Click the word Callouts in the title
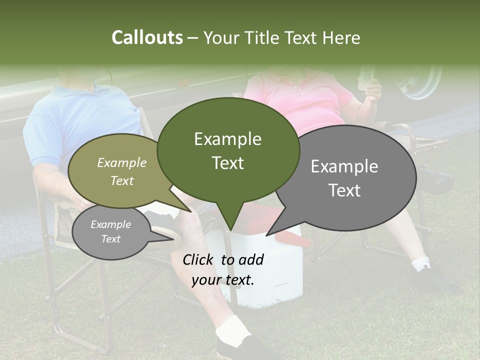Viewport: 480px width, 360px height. (x=147, y=37)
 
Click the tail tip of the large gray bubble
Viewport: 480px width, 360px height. (x=267, y=234)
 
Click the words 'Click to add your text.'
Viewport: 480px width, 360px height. (x=223, y=269)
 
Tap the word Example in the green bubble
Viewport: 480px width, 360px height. (x=227, y=139)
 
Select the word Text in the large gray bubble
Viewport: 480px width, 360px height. (x=344, y=190)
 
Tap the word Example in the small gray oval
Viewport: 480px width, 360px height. (x=110, y=224)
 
